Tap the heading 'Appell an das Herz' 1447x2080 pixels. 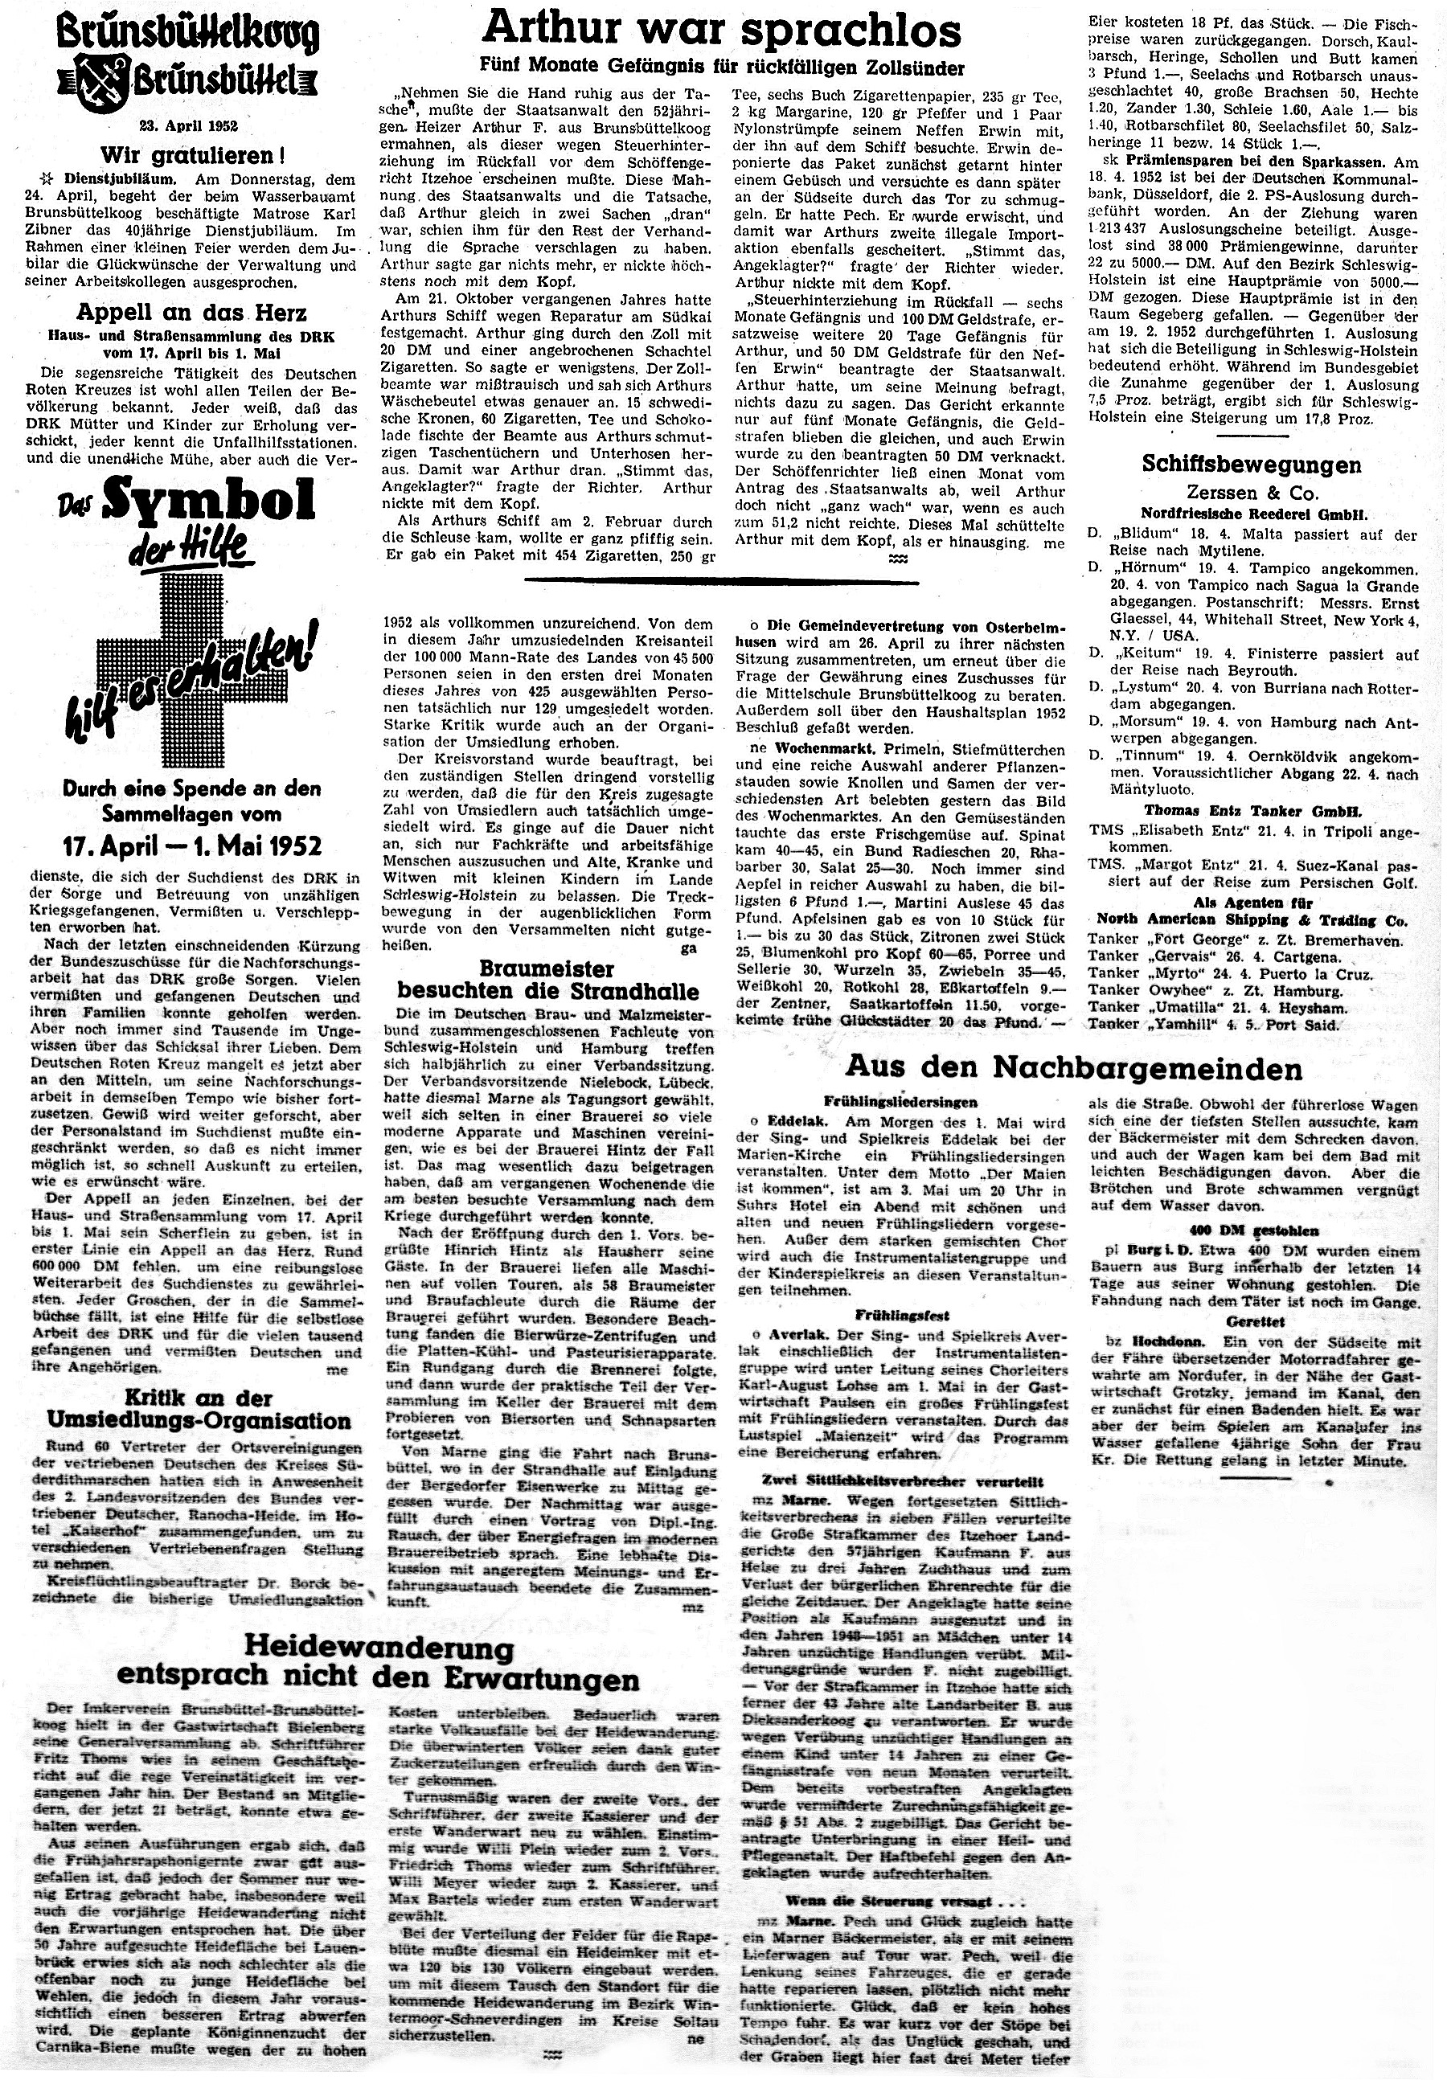pos(191,313)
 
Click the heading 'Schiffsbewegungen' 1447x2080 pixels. pos(1252,465)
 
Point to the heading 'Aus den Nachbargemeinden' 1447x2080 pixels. pos(1074,1067)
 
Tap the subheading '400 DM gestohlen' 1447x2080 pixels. pos(1253,1230)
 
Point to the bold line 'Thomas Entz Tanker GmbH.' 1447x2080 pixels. pos(1253,811)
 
